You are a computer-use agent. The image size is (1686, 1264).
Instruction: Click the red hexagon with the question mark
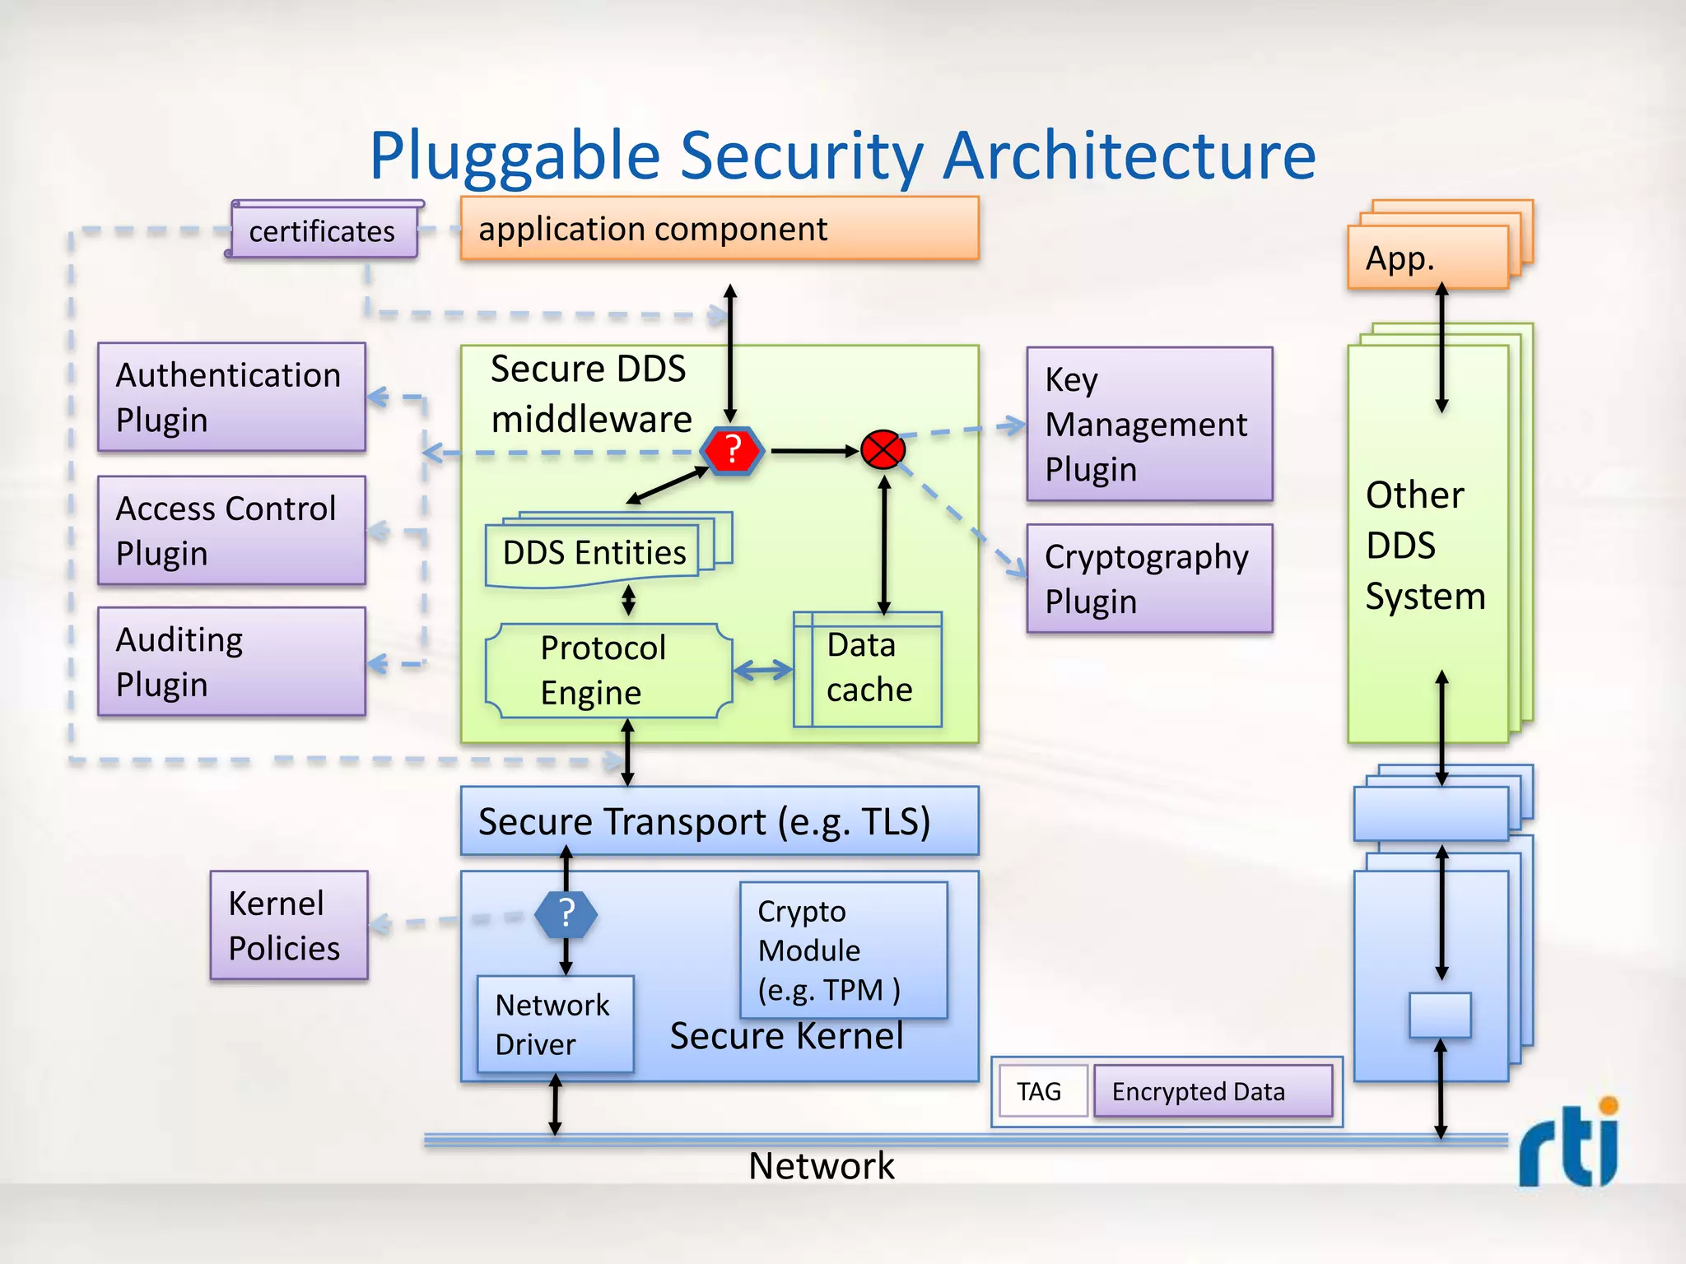tap(732, 451)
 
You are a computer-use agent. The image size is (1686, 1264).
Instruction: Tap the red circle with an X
tap(883, 450)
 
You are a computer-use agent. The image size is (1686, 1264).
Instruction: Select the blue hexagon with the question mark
tap(566, 914)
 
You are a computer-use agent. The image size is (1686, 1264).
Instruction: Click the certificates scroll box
tap(322, 231)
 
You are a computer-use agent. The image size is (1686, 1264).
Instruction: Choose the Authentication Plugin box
tap(231, 397)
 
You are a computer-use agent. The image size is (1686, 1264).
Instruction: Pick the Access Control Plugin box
tap(231, 531)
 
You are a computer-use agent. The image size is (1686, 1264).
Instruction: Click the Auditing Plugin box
tap(231, 662)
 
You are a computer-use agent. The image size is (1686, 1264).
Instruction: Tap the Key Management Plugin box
tap(1149, 424)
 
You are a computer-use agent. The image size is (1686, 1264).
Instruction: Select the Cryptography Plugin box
tap(1149, 579)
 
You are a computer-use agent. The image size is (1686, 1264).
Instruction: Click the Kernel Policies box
tap(288, 925)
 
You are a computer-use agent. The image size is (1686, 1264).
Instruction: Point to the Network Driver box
tap(555, 1024)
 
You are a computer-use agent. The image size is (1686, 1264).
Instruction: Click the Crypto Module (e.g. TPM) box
tap(843, 950)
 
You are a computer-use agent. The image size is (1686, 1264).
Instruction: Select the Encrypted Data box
tap(1212, 1091)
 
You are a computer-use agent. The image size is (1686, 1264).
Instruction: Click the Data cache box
tap(868, 669)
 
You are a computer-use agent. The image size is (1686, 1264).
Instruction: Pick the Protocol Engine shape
tap(608, 670)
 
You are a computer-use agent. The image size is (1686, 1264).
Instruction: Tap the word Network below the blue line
tap(821, 1166)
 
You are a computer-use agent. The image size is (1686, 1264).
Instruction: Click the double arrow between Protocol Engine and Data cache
tap(762, 671)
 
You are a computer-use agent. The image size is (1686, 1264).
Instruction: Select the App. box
tap(1428, 258)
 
